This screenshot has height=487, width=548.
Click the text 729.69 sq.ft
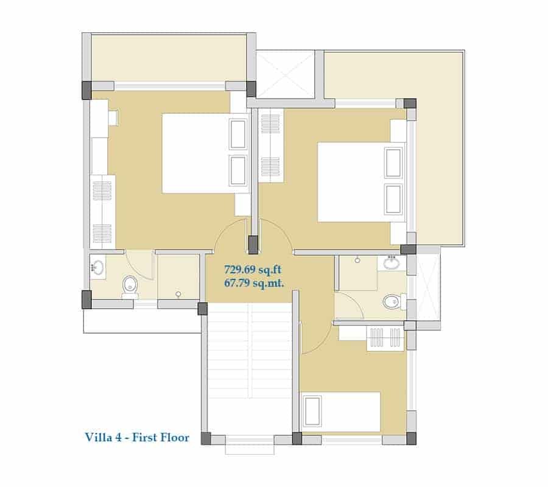tap(253, 270)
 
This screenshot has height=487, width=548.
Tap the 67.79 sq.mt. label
tap(254, 282)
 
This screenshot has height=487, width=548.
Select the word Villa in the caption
tap(96, 437)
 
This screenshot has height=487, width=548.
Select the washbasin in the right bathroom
tap(392, 262)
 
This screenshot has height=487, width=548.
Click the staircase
tap(249, 368)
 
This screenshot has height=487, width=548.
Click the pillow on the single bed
tap(312, 411)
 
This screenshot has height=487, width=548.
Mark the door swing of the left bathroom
tap(140, 265)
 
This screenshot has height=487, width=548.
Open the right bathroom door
tap(350, 306)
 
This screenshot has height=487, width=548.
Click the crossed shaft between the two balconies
tap(286, 74)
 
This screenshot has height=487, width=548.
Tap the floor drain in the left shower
tap(178, 294)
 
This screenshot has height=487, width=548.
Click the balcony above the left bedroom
tap(169, 58)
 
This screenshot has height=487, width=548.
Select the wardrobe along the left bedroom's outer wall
tap(102, 212)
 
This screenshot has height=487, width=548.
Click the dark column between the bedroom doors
tap(253, 244)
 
